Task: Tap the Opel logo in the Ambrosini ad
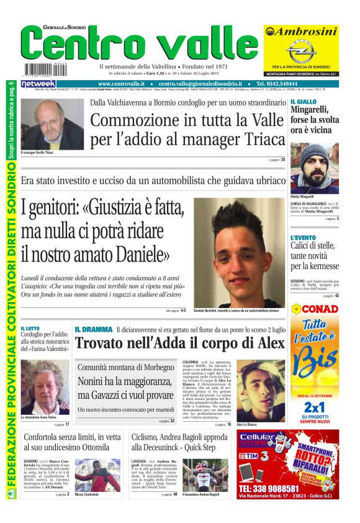301,49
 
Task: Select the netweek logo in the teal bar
38,83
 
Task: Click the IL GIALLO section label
303,101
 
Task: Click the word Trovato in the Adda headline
102,343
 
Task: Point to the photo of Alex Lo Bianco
260,390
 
